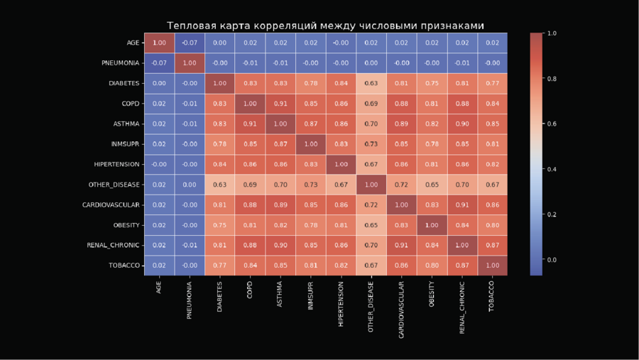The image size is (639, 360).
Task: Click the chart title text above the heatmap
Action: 325,26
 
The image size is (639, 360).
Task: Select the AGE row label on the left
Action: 133,43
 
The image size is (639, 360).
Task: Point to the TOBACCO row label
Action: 125,265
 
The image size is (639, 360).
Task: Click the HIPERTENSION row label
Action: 117,164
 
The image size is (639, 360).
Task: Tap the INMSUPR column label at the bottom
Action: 310,297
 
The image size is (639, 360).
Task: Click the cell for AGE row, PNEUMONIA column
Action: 190,43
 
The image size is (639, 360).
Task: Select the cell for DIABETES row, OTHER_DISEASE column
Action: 371,83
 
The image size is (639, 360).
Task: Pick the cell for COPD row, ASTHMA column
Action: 280,104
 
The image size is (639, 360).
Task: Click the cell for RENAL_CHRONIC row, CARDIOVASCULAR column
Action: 401,245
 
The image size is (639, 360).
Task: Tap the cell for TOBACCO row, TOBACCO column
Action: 492,265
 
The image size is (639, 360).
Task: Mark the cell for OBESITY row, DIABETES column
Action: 219,224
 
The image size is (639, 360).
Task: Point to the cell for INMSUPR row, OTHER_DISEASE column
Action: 371,144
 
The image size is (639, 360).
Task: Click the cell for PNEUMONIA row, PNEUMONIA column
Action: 190,63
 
